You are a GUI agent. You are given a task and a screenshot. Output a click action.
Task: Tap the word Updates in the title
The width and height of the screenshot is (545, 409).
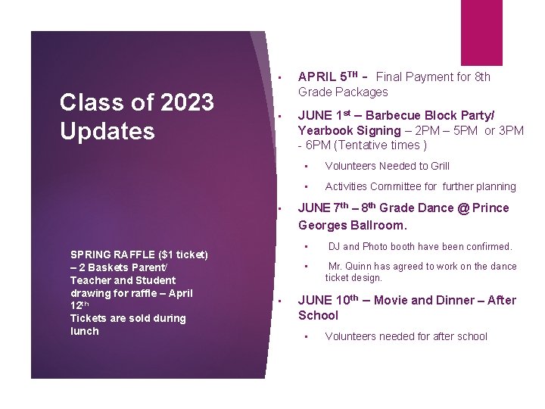pos(107,131)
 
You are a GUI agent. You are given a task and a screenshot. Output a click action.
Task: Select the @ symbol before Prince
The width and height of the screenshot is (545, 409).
pos(461,208)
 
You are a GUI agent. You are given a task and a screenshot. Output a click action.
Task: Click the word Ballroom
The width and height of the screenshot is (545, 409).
pos(375,225)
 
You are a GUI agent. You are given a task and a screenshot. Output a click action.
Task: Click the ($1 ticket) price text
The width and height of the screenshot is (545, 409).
pos(181,254)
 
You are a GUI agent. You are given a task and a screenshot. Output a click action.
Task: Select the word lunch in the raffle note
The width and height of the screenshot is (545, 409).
pos(84,331)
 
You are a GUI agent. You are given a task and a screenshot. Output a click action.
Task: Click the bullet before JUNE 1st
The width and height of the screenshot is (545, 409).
pos(279,116)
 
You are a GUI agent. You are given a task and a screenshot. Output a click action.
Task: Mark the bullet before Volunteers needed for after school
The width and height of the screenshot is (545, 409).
pos(307,337)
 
